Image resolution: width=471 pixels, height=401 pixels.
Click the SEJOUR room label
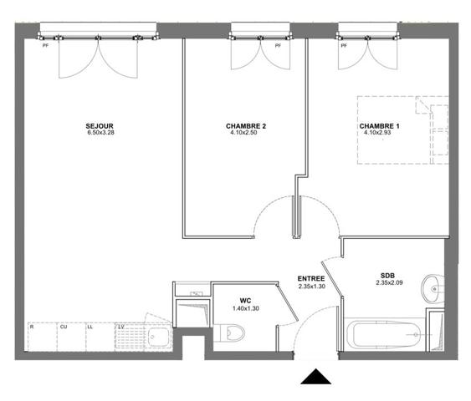pyautogui.click(x=100, y=126)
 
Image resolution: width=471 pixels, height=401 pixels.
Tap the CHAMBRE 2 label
pyautogui.click(x=246, y=126)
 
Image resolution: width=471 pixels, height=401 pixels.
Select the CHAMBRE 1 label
pyautogui.click(x=380, y=126)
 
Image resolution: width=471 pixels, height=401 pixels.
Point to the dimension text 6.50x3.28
pyautogui.click(x=101, y=132)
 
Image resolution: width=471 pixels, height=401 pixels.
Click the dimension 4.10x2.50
pyautogui.click(x=243, y=132)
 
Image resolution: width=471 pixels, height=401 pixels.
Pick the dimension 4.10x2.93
pyautogui.click(x=377, y=132)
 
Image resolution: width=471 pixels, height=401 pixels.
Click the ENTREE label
pyautogui.click(x=311, y=279)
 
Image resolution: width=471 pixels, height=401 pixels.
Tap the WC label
pyautogui.click(x=245, y=301)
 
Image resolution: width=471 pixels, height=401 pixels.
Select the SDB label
pyautogui.click(x=387, y=276)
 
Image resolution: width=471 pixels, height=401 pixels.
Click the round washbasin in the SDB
pyautogui.click(x=433, y=289)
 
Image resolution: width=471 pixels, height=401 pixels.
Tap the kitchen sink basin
pyautogui.click(x=158, y=338)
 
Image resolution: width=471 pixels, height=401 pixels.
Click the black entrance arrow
pyautogui.click(x=315, y=377)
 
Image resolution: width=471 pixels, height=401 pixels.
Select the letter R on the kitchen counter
pyautogui.click(x=32, y=327)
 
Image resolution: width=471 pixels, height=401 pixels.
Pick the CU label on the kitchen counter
pyautogui.click(x=64, y=327)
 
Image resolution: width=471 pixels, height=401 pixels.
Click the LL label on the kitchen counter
pyautogui.click(x=90, y=327)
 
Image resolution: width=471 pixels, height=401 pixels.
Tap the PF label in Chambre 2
pyautogui.click(x=278, y=46)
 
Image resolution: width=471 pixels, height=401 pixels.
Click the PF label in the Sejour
pyautogui.click(x=45, y=46)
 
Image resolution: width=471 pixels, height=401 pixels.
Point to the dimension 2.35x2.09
pyautogui.click(x=389, y=282)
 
